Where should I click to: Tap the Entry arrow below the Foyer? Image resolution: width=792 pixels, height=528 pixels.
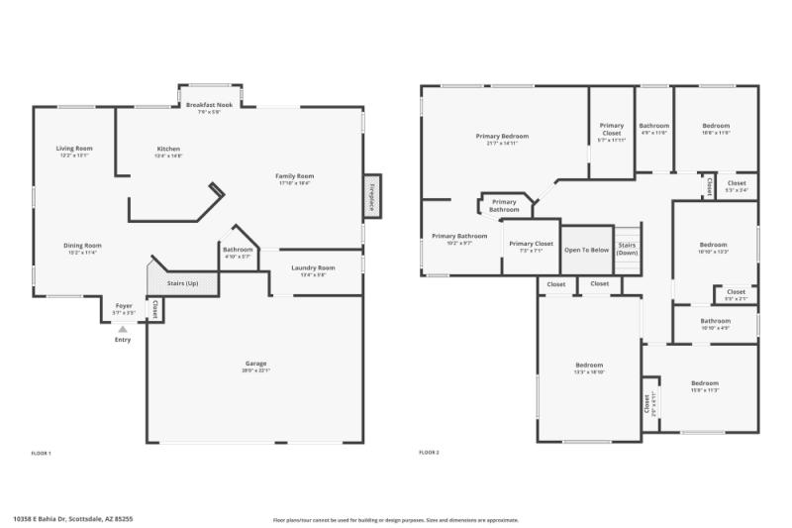pyautogui.click(x=123, y=329)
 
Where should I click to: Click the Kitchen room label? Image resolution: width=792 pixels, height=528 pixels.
pyautogui.click(x=167, y=149)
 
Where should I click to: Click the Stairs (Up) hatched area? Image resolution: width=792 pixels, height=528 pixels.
pyautogui.click(x=182, y=283)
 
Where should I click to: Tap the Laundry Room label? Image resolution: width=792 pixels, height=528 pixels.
pyautogui.click(x=313, y=267)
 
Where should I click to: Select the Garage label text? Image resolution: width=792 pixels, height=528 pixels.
pyautogui.click(x=255, y=364)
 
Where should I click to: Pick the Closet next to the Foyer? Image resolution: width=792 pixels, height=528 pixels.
pyautogui.click(x=154, y=309)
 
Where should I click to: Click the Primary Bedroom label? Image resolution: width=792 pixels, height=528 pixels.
pyautogui.click(x=502, y=137)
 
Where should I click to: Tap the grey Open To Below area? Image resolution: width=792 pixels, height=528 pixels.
pyautogui.click(x=587, y=250)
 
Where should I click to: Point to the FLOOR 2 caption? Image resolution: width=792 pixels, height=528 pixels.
pyautogui.click(x=429, y=453)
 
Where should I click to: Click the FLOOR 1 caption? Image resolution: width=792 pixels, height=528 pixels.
pyautogui.click(x=41, y=453)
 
